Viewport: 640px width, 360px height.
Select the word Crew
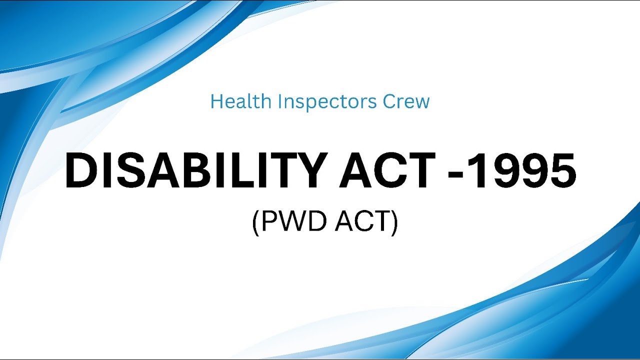tap(406, 101)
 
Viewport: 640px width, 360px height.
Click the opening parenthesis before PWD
tap(255, 222)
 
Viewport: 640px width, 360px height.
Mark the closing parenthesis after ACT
tap(394, 222)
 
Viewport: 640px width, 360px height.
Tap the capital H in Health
tap(216, 101)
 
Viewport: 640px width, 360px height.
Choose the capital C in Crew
tap(390, 101)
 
